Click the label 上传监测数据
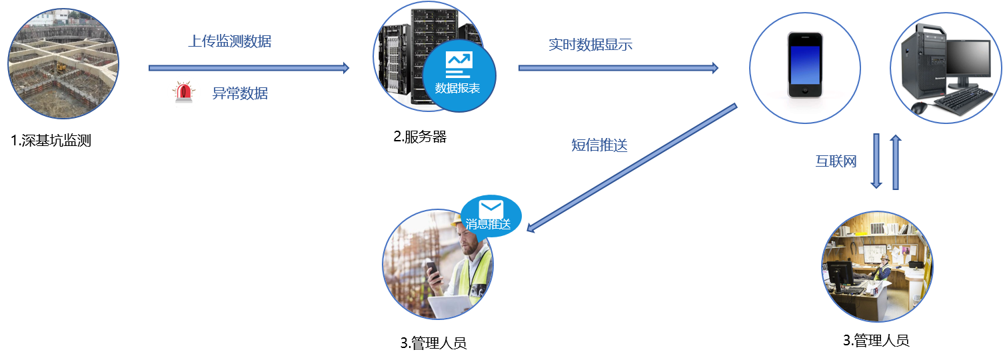tap(230, 41)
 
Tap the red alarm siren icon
tap(183, 92)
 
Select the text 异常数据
tap(240, 93)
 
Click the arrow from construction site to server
tap(249, 68)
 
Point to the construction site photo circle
tap(63, 63)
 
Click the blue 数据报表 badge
tap(459, 77)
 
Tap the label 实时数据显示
tap(590, 45)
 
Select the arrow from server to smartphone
tap(618, 68)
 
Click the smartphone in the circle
tap(804, 65)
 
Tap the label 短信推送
tap(599, 145)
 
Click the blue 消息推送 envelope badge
tap(491, 215)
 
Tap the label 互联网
tap(836, 161)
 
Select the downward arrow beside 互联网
tap(876, 161)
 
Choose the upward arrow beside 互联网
tap(896, 161)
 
